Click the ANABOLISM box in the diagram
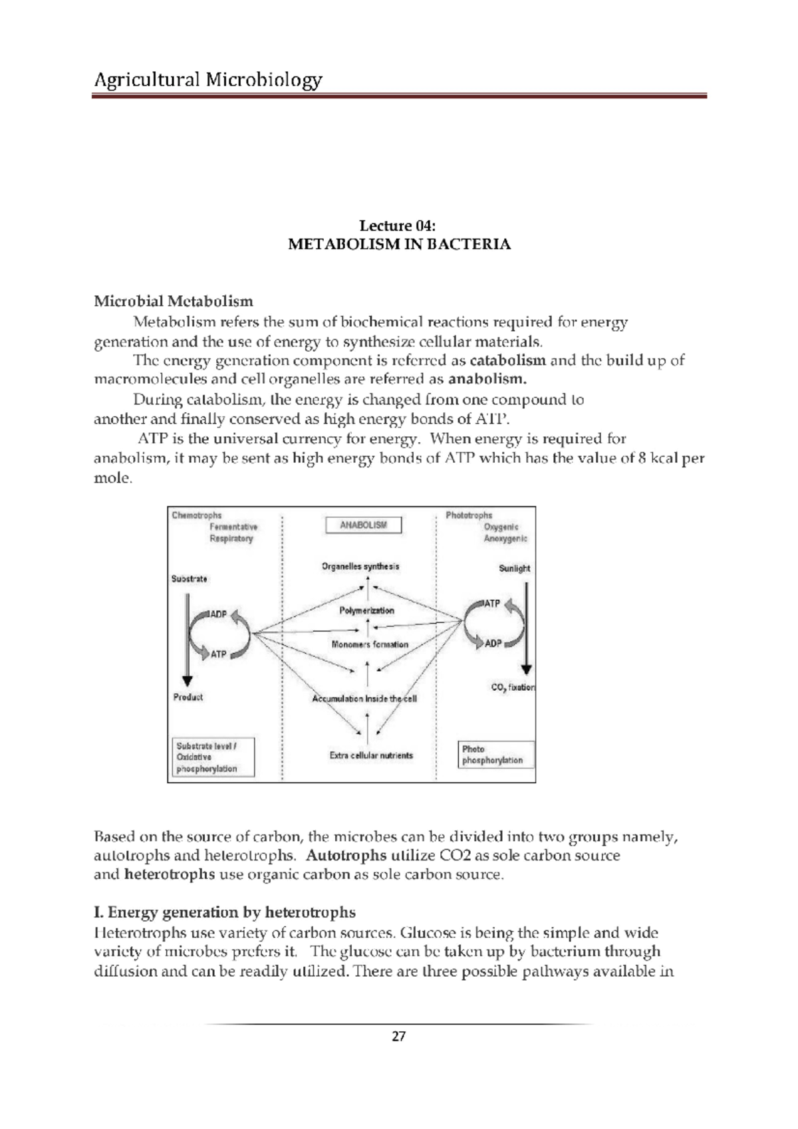point(363,525)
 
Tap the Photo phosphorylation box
point(495,755)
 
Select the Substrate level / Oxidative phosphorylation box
point(213,757)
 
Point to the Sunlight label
point(515,568)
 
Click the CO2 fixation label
point(513,688)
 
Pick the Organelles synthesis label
point(360,566)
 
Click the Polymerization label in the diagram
point(366,610)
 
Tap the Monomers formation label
point(370,644)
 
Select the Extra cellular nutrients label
point(371,755)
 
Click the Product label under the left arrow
point(188,697)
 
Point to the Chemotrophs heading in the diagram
point(196,515)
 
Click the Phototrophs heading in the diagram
point(469,515)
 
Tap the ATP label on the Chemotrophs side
point(218,654)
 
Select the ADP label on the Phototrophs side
point(493,644)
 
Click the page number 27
point(398,1037)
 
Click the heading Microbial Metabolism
point(173,301)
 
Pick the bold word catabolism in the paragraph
point(508,360)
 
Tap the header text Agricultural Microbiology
point(208,80)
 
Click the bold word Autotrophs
point(346,855)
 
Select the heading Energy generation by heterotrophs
point(225,912)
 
